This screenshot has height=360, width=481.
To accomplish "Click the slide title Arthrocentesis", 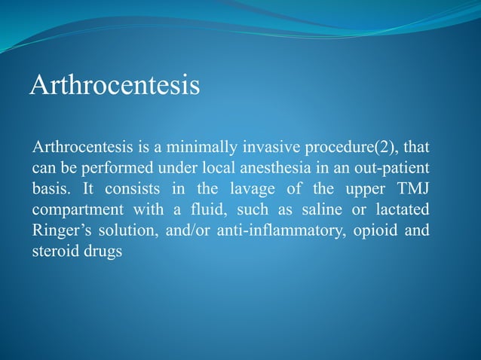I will [115, 84].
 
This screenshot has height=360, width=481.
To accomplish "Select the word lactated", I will [402, 206].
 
